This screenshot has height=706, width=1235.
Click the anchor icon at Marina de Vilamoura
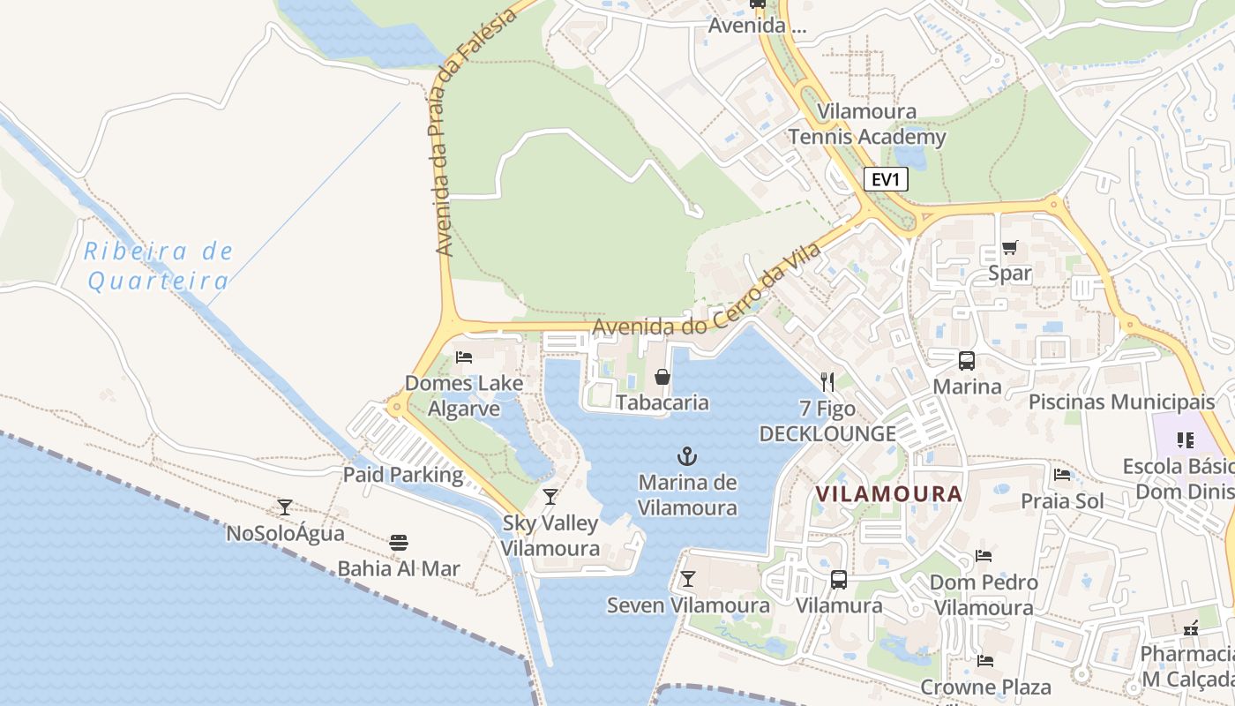coord(686,456)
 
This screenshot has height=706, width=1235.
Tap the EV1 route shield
coord(885,180)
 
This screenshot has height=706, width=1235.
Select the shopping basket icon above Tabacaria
coord(662,378)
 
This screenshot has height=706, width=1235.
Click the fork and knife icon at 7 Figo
coord(827,381)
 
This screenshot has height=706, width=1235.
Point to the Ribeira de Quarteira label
coord(159,267)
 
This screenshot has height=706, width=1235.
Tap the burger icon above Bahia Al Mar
coord(399,542)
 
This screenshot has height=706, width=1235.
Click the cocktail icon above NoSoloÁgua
coord(284,507)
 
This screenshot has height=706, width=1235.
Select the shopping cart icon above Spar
coord(1009,248)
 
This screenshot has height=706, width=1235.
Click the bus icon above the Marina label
coord(967,361)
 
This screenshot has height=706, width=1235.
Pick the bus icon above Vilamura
coord(838,580)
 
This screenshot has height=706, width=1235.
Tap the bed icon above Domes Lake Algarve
coord(464,357)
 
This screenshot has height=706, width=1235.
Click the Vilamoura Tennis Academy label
coord(866,124)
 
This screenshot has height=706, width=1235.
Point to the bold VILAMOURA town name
coord(888,494)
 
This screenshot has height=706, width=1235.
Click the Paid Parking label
coord(402,475)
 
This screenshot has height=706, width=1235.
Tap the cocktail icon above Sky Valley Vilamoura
coord(550,497)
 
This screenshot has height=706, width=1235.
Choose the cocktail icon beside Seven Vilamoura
coord(687,579)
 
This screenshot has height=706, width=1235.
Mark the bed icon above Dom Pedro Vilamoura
coord(984,556)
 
